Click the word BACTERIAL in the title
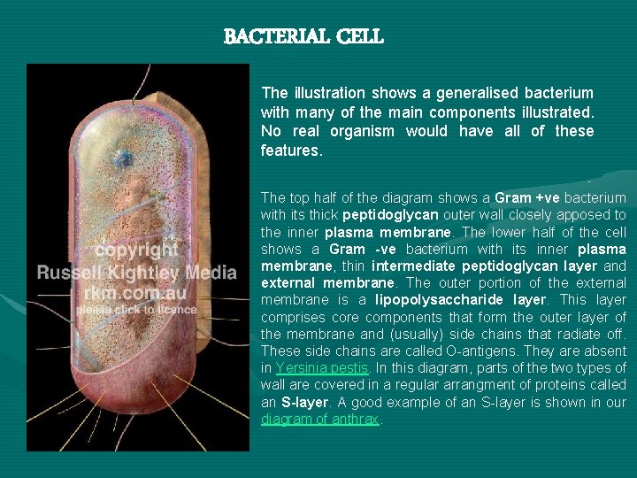[x=272, y=37]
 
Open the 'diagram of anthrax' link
[x=319, y=420]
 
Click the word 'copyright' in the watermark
[x=137, y=250]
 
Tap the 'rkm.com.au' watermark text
[x=136, y=291]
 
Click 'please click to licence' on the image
[x=136, y=310]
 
